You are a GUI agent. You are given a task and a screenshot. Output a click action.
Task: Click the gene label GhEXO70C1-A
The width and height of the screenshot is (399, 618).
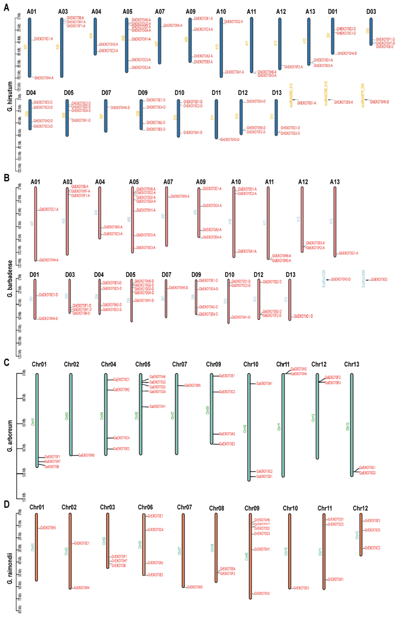(x=44, y=39)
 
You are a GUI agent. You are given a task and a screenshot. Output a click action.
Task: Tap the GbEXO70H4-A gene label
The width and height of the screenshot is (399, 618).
(x=49, y=260)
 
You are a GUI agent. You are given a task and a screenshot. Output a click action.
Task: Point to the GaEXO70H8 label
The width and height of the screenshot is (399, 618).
(x=86, y=455)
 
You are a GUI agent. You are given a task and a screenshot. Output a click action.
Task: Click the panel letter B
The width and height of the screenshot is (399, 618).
(x=7, y=178)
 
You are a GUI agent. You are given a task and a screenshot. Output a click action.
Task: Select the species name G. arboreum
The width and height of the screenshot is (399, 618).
(x=10, y=436)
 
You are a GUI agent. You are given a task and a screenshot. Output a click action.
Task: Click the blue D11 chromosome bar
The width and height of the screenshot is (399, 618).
(x=216, y=119)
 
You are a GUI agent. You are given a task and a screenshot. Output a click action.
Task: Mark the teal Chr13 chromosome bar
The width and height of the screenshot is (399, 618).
(x=352, y=425)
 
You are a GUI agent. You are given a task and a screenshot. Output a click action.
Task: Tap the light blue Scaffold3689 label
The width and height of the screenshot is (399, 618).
(x=364, y=279)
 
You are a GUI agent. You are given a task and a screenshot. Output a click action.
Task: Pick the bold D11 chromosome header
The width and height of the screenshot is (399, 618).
(x=216, y=93)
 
